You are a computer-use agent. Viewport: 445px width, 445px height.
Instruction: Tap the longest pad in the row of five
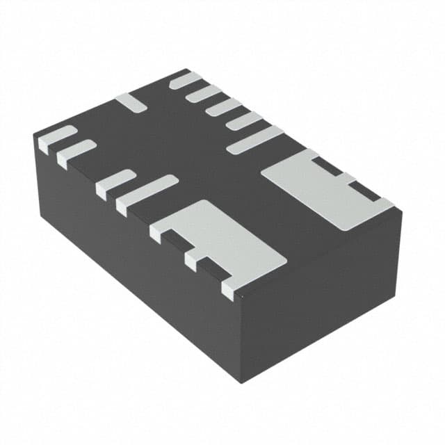(x=254, y=140)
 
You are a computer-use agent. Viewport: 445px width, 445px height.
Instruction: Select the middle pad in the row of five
(x=223, y=106)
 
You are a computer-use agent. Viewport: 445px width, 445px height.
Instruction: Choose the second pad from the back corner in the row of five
(x=204, y=93)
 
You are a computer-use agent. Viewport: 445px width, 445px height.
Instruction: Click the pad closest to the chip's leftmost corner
(x=56, y=138)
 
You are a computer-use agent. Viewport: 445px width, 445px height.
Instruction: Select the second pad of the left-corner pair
(x=76, y=152)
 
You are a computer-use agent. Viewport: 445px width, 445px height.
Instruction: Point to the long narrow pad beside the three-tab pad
(x=147, y=195)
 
